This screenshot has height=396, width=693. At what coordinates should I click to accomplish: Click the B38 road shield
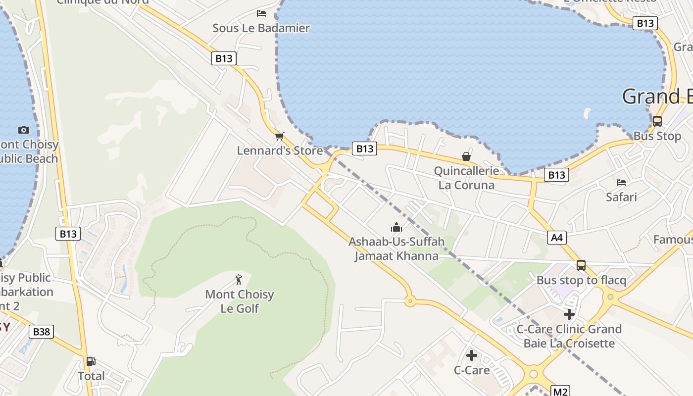pyautogui.click(x=41, y=332)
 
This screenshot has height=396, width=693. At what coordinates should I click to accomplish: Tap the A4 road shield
pyautogui.click(x=557, y=238)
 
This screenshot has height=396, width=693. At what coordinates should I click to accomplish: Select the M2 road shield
pyautogui.click(x=560, y=392)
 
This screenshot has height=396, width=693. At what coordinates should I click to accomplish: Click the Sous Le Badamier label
pyautogui.click(x=261, y=28)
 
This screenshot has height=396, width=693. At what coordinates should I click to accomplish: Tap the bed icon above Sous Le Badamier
pyautogui.click(x=261, y=13)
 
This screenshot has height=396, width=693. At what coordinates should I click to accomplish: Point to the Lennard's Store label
pyautogui.click(x=280, y=150)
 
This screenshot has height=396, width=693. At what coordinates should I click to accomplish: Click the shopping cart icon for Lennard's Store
pyautogui.click(x=280, y=136)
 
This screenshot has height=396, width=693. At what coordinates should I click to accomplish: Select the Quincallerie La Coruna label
pyautogui.click(x=466, y=178)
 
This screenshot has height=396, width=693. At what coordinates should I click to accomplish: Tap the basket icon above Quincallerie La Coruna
pyautogui.click(x=466, y=156)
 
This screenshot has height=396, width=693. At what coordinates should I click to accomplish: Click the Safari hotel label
pyautogui.click(x=621, y=197)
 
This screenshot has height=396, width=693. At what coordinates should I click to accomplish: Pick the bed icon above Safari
pyautogui.click(x=621, y=183)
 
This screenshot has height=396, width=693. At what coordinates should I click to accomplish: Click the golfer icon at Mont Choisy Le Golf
pyautogui.click(x=239, y=280)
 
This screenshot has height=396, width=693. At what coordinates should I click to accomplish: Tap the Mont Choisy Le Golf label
pyautogui.click(x=240, y=301)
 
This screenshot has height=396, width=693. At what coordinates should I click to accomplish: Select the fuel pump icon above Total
pyautogui.click(x=91, y=361)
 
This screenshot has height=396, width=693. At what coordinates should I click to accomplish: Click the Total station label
pyautogui.click(x=91, y=376)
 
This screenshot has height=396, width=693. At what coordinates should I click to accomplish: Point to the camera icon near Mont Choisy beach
pyautogui.click(x=23, y=130)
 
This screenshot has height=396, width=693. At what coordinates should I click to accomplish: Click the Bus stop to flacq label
pyautogui.click(x=581, y=280)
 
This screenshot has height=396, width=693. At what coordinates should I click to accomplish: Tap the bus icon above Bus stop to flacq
pyautogui.click(x=581, y=265)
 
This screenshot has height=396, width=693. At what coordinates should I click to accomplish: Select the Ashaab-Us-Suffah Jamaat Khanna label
pyautogui.click(x=396, y=248)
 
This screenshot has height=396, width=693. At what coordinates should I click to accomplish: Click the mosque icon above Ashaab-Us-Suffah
pyautogui.click(x=396, y=227)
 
